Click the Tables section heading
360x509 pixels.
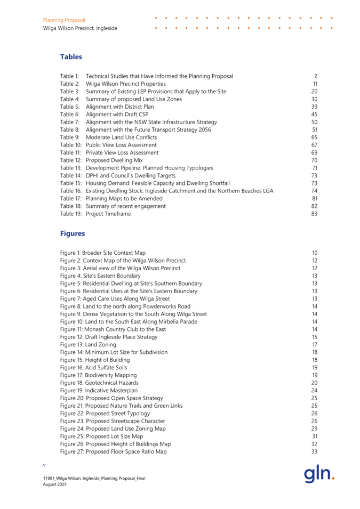click(x=71, y=56)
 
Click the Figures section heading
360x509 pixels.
click(x=73, y=219)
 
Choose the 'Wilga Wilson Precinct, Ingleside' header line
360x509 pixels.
click(x=80, y=28)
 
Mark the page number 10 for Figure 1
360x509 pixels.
click(x=314, y=237)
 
